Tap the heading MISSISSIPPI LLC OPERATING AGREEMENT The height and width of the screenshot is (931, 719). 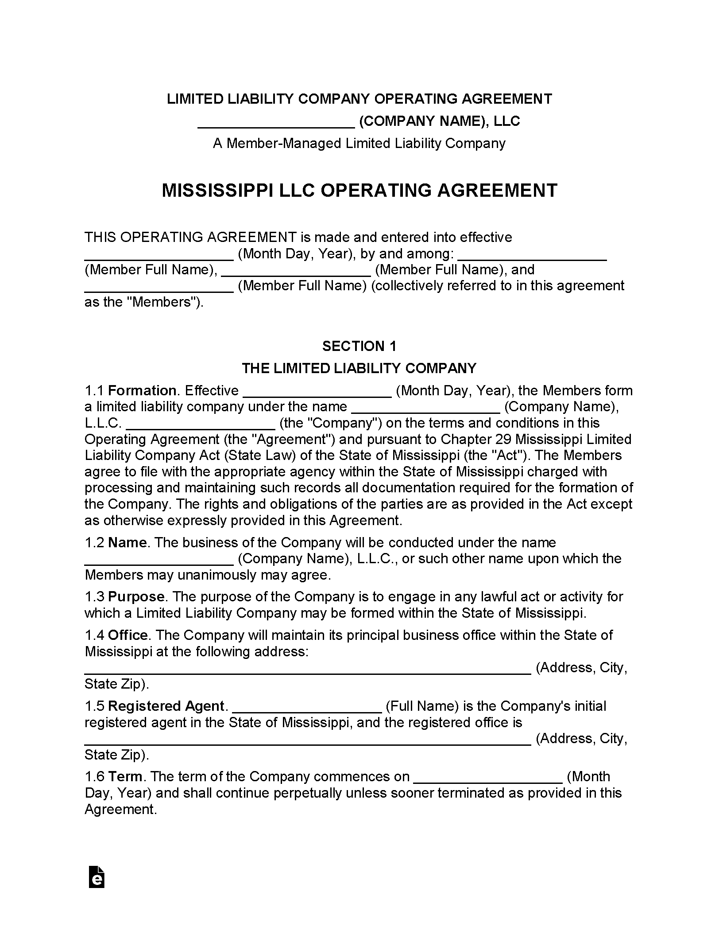point(359,191)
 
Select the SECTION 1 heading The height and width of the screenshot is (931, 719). point(359,346)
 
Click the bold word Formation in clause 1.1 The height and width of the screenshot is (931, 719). point(142,390)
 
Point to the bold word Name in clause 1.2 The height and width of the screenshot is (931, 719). point(127,542)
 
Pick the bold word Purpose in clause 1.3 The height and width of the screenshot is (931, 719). point(136,596)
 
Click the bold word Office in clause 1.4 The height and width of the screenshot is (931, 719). point(128,635)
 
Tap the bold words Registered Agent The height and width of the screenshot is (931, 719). point(166,706)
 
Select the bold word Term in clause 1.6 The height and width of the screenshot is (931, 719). point(125,776)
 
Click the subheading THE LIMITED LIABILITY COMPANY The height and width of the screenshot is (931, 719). point(359,368)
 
